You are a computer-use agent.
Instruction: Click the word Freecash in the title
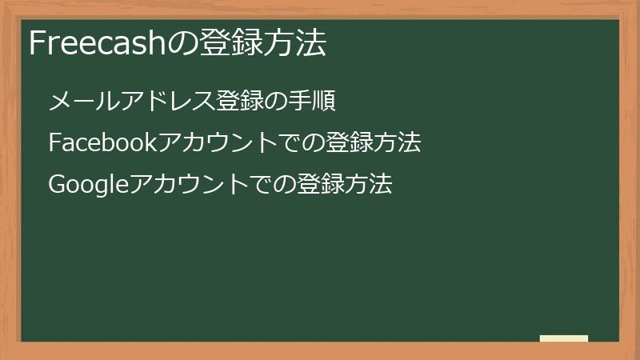click(x=95, y=43)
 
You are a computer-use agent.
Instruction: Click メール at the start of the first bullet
click(x=78, y=102)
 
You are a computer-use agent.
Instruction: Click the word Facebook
click(x=102, y=143)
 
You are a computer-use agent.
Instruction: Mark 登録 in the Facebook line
click(x=349, y=143)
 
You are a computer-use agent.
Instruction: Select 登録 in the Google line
click(x=320, y=185)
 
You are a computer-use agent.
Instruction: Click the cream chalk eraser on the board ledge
click(x=563, y=338)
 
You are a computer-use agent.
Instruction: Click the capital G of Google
click(x=57, y=185)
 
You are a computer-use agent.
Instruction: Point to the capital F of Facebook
click(x=54, y=143)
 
